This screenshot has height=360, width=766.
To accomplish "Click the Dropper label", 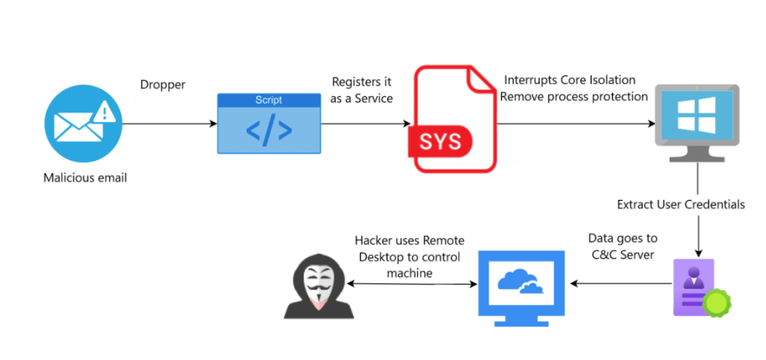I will point(162,84).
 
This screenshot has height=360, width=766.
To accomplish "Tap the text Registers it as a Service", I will point(363,91).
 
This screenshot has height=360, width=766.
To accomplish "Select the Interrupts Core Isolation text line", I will point(569,80).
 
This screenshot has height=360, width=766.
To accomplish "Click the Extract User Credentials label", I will point(681,204).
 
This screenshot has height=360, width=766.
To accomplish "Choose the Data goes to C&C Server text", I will point(622,246).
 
